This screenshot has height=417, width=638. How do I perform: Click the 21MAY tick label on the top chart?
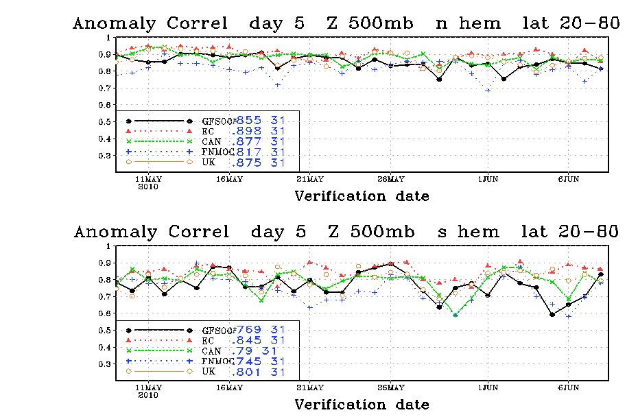[x=309, y=179]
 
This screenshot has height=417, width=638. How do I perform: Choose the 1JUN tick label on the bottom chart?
[x=488, y=388]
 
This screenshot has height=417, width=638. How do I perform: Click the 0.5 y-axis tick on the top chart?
[x=106, y=121]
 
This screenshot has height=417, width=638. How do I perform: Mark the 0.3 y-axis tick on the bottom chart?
[x=106, y=364]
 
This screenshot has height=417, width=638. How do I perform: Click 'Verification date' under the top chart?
[x=362, y=196]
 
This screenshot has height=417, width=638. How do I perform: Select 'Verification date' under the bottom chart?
[x=362, y=405]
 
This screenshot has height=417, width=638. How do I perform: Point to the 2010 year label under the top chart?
[x=149, y=187]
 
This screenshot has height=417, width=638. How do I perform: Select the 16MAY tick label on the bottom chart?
[x=229, y=388]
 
